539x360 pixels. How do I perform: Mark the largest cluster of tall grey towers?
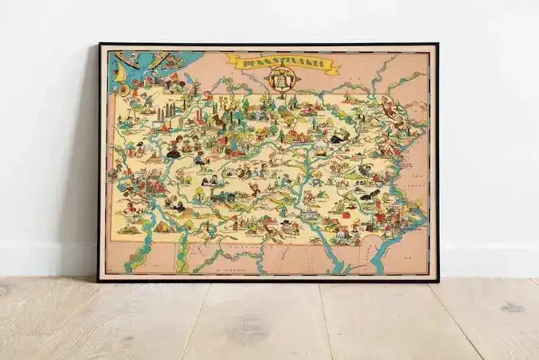click(x=165, y=113)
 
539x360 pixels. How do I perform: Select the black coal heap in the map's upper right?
click(x=337, y=137)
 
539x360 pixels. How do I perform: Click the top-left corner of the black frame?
click(x=99, y=44)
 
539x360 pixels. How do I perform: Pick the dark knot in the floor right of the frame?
click(x=513, y=307)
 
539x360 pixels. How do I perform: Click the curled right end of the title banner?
click(x=334, y=66)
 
